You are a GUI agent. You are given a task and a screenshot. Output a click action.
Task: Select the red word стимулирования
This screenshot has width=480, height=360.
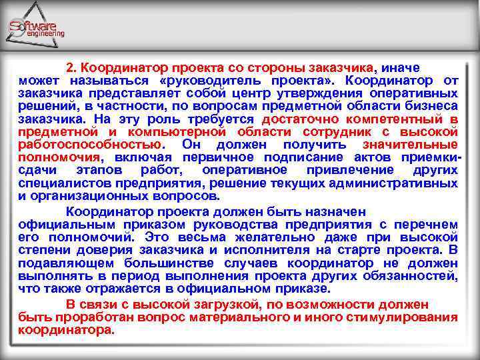[x=409, y=317]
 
